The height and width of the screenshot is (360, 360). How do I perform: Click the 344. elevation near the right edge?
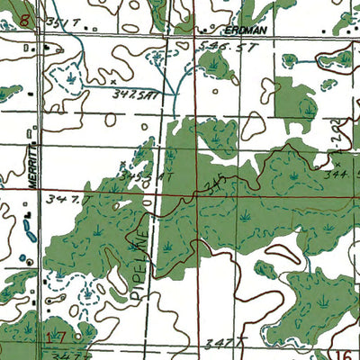(x=339, y=172)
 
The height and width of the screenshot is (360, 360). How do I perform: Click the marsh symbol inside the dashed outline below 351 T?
(x=68, y=77)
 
